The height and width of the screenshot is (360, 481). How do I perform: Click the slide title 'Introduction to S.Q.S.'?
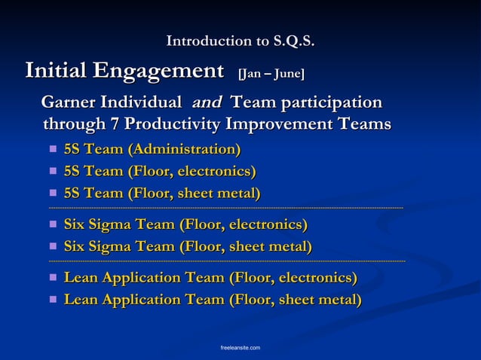(240, 41)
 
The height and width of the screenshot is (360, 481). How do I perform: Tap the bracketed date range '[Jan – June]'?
(271, 74)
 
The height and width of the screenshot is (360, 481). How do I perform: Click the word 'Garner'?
(73, 102)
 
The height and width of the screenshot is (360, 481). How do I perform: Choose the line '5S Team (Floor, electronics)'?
(159, 172)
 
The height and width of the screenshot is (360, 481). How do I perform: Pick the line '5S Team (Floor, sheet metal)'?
(162, 194)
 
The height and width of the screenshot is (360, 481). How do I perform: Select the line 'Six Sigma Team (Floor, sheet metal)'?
(188, 247)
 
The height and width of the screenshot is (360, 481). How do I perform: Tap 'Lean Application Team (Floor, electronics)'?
(210, 278)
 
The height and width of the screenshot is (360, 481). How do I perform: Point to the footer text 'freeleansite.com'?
(240, 347)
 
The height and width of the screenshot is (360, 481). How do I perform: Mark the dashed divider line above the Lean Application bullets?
(226, 261)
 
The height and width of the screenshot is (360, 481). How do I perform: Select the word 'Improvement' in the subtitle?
(283, 123)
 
